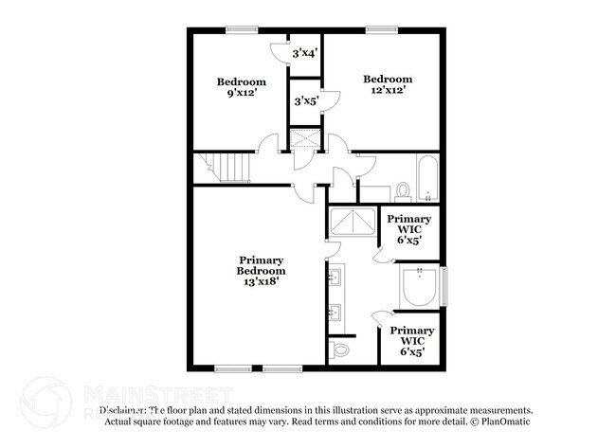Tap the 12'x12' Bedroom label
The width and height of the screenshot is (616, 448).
389,84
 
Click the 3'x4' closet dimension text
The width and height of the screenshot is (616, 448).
304,54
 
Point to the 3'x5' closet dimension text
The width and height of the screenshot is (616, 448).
305,100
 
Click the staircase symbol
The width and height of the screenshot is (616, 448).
227,168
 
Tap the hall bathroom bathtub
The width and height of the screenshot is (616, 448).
426,181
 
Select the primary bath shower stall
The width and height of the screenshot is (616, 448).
353,224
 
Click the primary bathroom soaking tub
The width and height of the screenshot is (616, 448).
418,287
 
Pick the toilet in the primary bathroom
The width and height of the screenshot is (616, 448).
341,350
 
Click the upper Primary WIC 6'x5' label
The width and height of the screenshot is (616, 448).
409,229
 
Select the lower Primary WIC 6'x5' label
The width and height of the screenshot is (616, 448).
411,341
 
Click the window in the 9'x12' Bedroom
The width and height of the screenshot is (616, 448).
239,28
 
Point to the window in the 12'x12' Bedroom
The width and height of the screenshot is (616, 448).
381,28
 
